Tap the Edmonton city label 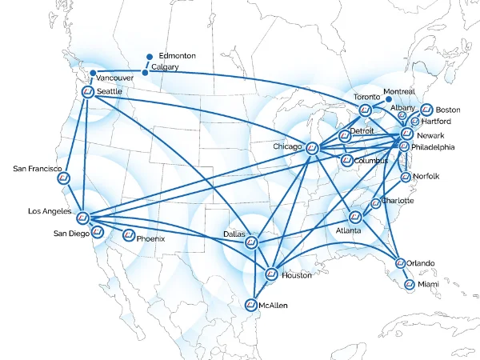coord(177,55)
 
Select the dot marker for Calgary coord(145,73)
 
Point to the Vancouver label coord(116,78)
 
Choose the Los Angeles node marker coord(82,218)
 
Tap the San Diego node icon coord(98,233)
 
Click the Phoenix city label coord(150,238)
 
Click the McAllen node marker coord(251,305)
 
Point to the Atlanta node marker coord(356,217)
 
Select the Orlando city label coord(420,263)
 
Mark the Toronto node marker coord(366,110)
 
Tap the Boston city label coord(448,110)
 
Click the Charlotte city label coord(398,201)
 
